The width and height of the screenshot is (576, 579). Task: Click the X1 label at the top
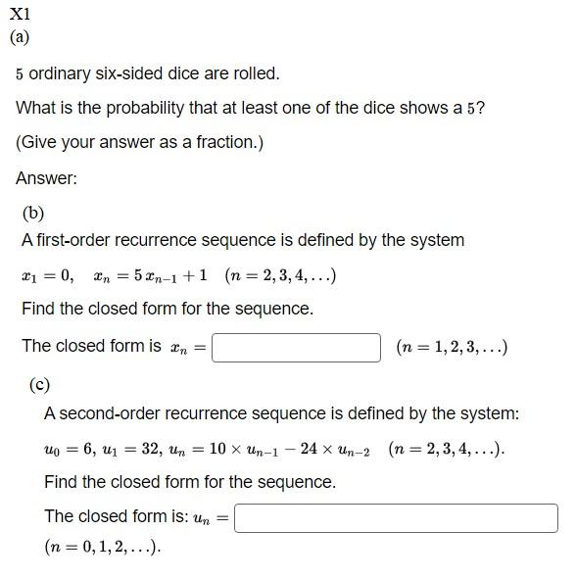[x=20, y=15]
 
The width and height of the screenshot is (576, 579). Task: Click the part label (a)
[x=20, y=37]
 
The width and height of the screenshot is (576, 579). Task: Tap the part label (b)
[x=32, y=213]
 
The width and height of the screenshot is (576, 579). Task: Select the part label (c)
[x=39, y=385]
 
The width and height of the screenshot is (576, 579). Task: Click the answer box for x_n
[x=296, y=347]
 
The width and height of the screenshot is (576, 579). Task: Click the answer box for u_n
[x=396, y=517]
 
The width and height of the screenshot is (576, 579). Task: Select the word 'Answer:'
[x=46, y=178]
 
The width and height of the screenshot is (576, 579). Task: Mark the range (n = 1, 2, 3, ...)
[x=451, y=347]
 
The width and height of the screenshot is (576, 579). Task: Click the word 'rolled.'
[x=254, y=73]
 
